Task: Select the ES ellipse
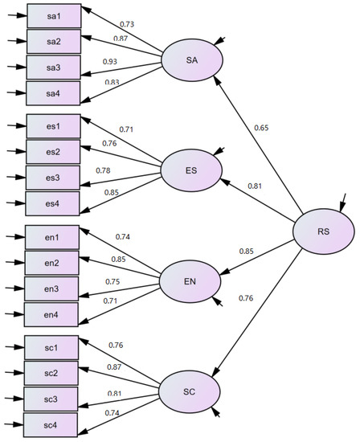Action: [191, 170]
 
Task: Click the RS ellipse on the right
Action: [322, 232]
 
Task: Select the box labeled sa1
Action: [54, 15]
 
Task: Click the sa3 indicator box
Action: [54, 68]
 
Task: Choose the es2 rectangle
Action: [54, 151]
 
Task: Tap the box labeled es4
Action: [54, 203]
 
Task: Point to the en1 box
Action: [54, 236]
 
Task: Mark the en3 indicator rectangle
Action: [54, 289]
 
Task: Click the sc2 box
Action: [54, 373]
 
